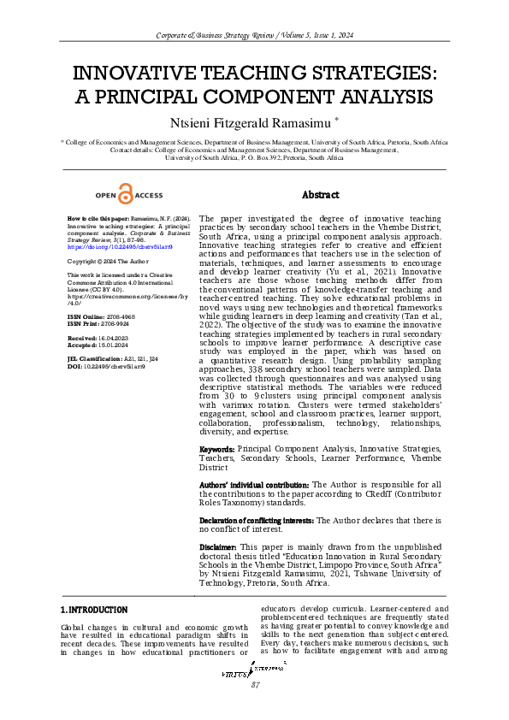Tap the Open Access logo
pyautogui.click(x=128, y=195)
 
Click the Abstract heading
pyautogui.click(x=320, y=195)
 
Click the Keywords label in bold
pyautogui.click(x=216, y=449)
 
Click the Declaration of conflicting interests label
pyautogui.click(x=257, y=520)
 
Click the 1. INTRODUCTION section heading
pyautogui.click(x=94, y=610)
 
